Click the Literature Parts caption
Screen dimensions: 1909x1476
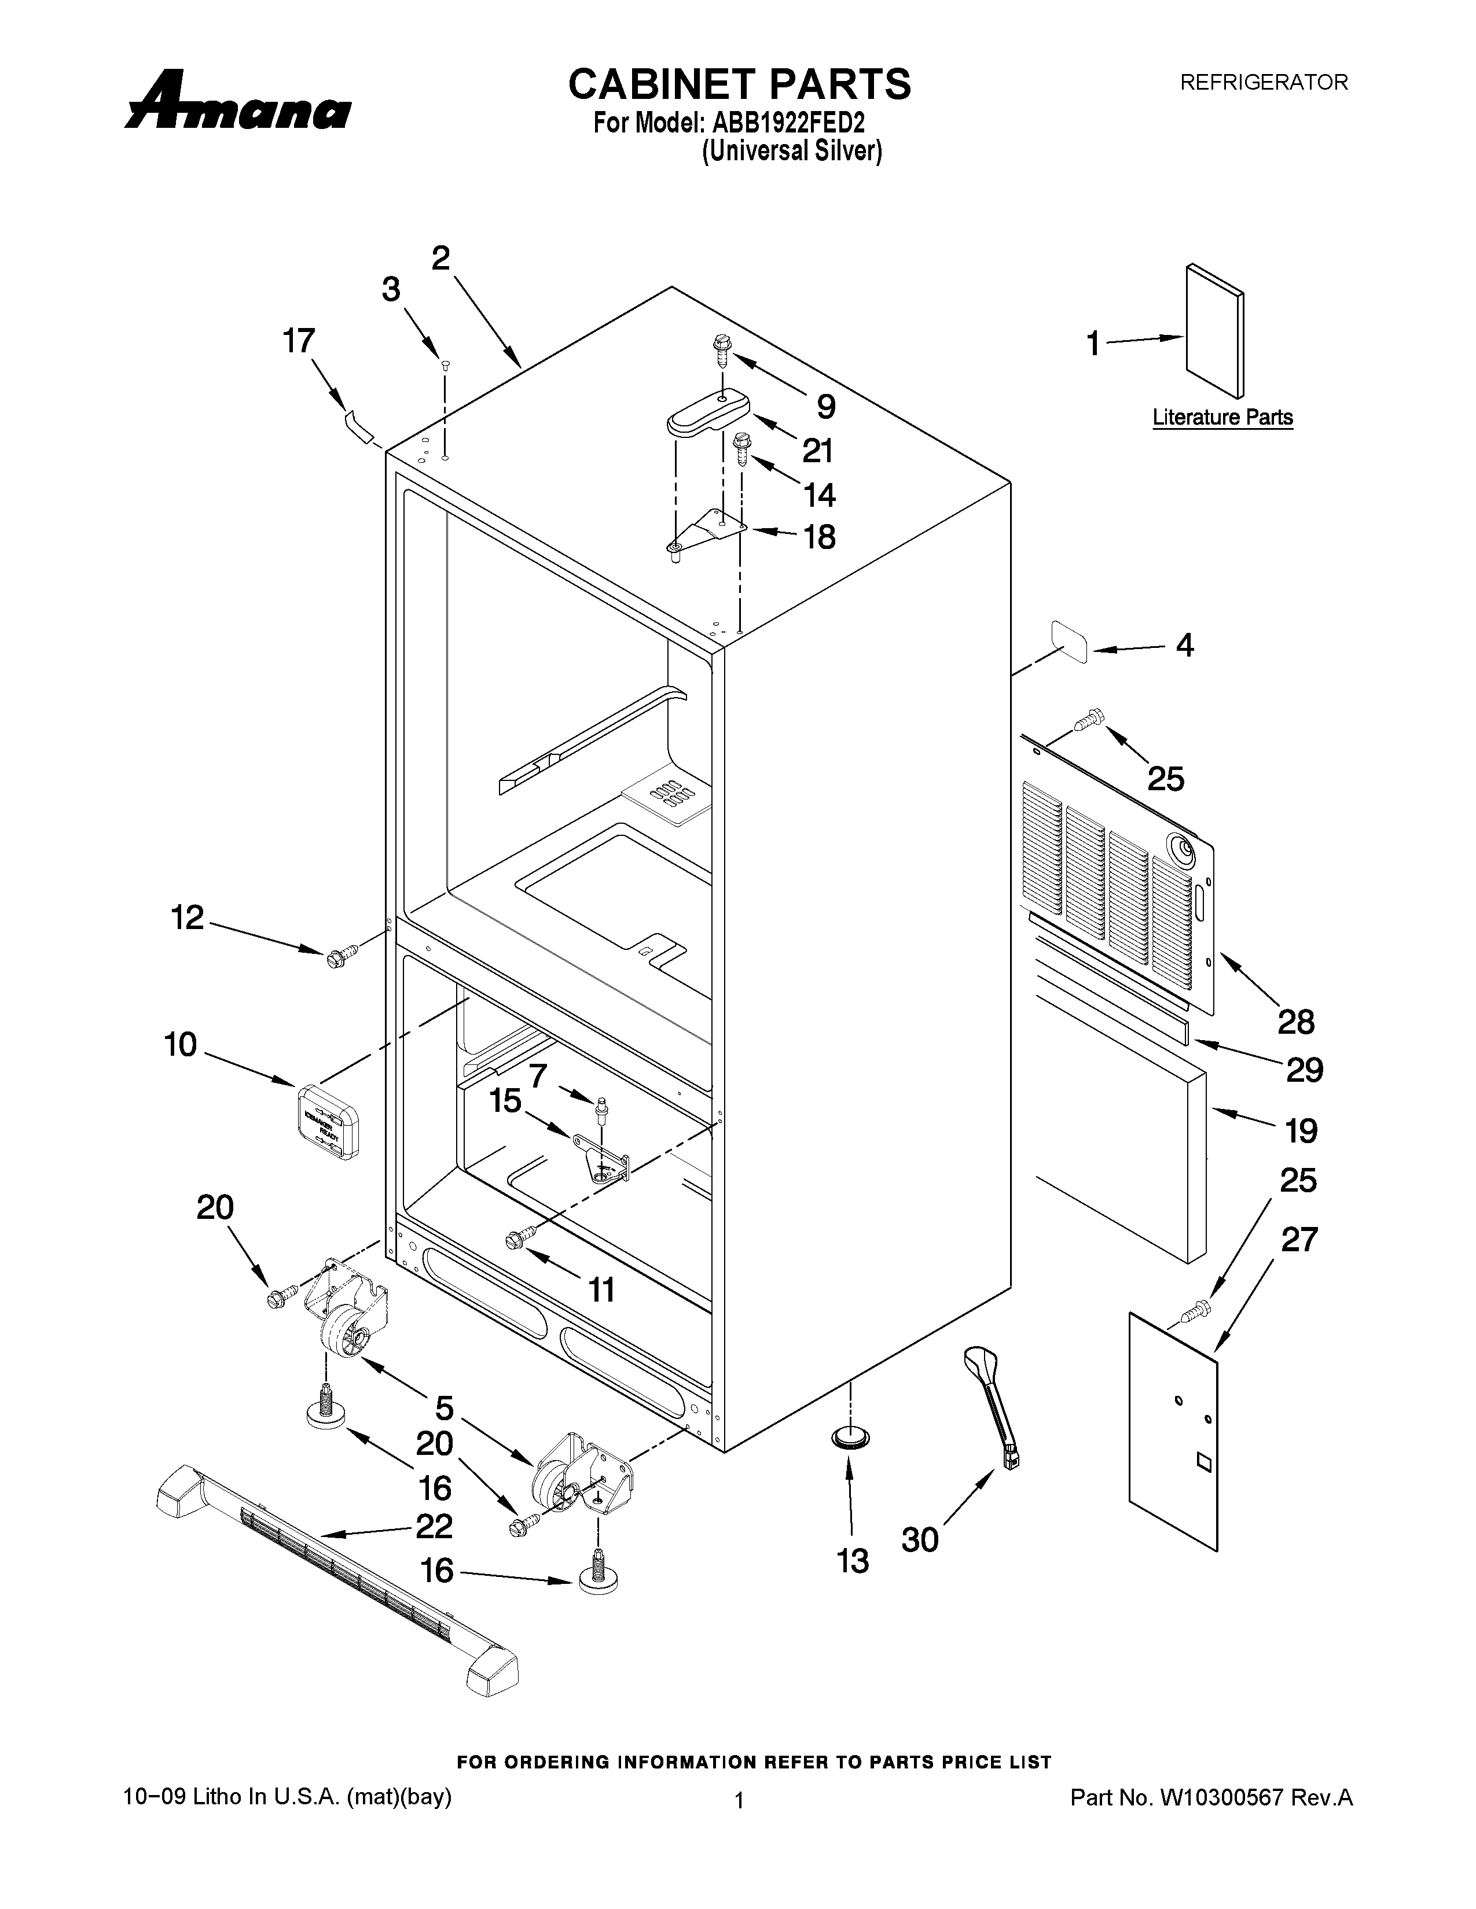(1221, 417)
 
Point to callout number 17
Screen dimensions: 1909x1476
(298, 341)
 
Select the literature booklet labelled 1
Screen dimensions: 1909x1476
(1214, 331)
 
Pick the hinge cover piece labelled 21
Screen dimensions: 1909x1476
(709, 412)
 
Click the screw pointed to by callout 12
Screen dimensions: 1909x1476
(337, 956)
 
